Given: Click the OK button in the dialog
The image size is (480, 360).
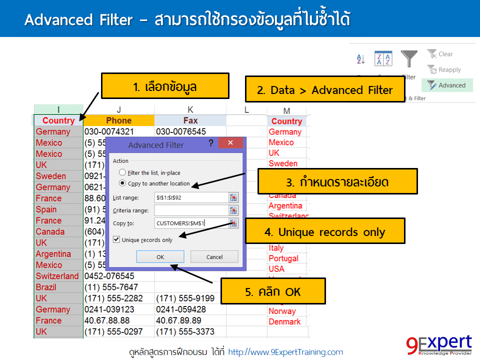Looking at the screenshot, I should (160, 257).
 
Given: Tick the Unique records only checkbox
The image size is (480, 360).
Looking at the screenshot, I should (117, 240).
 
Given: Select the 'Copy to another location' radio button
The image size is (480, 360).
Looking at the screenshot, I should (122, 183).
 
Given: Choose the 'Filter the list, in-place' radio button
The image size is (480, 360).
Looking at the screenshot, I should (122, 172).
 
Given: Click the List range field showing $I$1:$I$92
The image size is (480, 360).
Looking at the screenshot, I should (191, 197).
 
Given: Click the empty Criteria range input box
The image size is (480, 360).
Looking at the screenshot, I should (191, 210).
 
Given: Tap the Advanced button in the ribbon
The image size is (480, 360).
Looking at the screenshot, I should (447, 85).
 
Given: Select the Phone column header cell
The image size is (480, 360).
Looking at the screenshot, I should (119, 120).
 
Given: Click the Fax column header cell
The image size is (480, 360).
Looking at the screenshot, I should (190, 120).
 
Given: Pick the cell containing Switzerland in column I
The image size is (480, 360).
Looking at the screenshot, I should (57, 276).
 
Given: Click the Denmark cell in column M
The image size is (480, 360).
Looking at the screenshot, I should (284, 321).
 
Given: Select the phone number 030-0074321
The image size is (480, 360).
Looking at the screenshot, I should (109, 132).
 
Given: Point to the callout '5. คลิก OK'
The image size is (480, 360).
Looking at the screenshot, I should (272, 291).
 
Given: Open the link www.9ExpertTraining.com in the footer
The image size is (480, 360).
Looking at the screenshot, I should (285, 352).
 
